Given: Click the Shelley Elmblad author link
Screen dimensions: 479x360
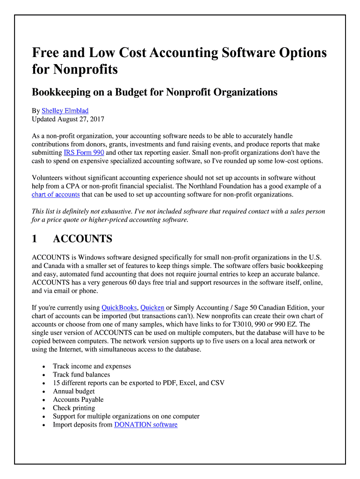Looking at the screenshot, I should click(x=65, y=111).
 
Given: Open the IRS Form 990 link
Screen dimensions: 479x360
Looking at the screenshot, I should click(x=84, y=152).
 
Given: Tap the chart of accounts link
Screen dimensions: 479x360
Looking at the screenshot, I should click(x=56, y=195).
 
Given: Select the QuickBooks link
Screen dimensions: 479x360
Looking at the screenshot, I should click(x=119, y=307).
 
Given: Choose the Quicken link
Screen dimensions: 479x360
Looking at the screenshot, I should click(x=152, y=307).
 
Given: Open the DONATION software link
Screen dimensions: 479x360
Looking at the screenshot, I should click(x=145, y=425).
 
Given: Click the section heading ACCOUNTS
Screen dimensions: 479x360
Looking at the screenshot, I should click(x=82, y=239).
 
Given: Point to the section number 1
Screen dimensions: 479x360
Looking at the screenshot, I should click(x=35, y=239).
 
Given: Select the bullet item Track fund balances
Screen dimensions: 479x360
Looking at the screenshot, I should click(x=81, y=375).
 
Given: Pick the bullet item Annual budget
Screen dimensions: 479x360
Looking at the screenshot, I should click(x=73, y=391).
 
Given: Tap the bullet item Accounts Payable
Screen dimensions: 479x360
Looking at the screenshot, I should click(x=78, y=399).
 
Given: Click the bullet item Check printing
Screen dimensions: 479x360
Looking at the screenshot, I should click(x=74, y=408).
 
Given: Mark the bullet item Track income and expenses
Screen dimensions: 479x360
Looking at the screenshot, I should click(x=92, y=366).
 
